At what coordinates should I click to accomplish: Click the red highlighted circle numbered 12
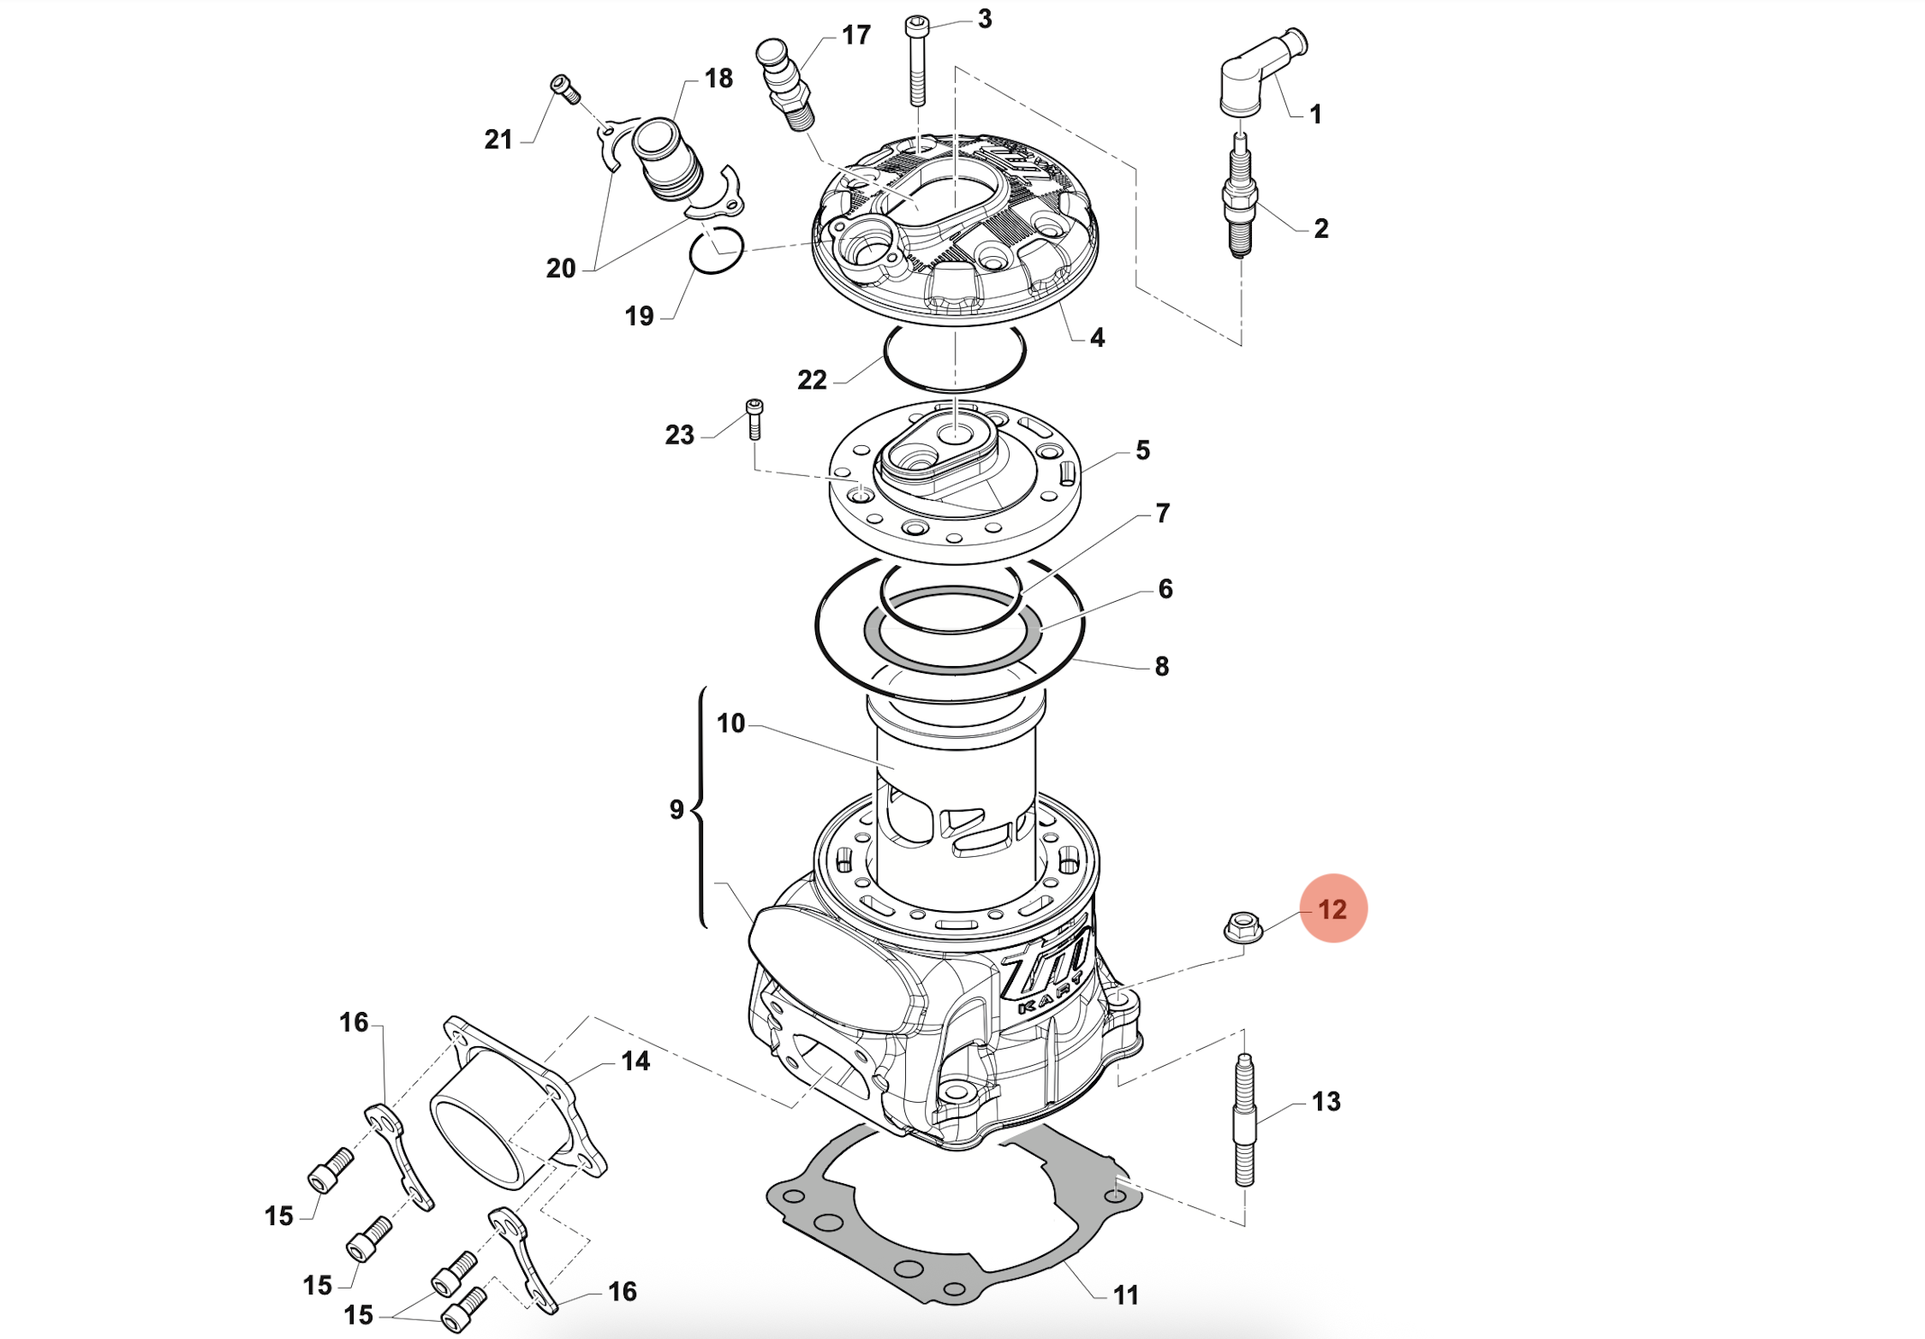[x=1332, y=908]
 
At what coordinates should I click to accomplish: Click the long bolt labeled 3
[x=917, y=62]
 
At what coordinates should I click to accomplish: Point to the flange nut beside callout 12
[x=1243, y=926]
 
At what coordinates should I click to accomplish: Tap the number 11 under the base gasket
[x=1125, y=1294]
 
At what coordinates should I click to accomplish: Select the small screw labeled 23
[x=754, y=420]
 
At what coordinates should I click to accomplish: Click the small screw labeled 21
[x=565, y=88]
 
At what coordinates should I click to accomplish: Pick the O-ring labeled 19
[x=716, y=251]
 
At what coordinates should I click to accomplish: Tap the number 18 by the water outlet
[x=718, y=79]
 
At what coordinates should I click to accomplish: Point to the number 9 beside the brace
[x=676, y=809]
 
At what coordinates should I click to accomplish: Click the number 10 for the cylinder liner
[x=730, y=723]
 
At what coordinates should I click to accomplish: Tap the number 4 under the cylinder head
[x=1097, y=337]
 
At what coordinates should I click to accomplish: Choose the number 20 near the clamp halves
[x=561, y=268]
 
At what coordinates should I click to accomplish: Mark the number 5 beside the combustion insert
[x=1142, y=450]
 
